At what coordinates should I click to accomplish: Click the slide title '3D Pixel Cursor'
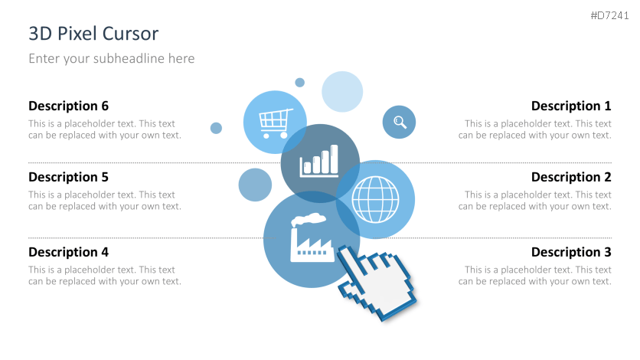click(93, 34)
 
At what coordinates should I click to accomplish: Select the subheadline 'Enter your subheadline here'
click(112, 58)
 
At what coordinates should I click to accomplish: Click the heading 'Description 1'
click(571, 106)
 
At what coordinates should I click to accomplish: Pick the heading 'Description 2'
click(571, 177)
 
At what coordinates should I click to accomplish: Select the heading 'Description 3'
click(571, 252)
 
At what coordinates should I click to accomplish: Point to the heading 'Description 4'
click(69, 252)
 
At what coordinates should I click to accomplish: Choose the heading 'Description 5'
click(69, 177)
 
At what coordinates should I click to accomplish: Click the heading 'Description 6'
click(69, 106)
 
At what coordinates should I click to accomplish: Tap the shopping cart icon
click(276, 121)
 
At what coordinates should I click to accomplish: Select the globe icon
click(375, 199)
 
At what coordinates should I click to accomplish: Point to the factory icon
click(311, 239)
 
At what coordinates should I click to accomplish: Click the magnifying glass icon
click(400, 122)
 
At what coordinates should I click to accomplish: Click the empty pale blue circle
click(341, 91)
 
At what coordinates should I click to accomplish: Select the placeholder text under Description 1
click(535, 129)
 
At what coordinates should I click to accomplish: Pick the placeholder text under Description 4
click(105, 276)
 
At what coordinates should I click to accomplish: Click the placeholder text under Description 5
click(105, 201)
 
